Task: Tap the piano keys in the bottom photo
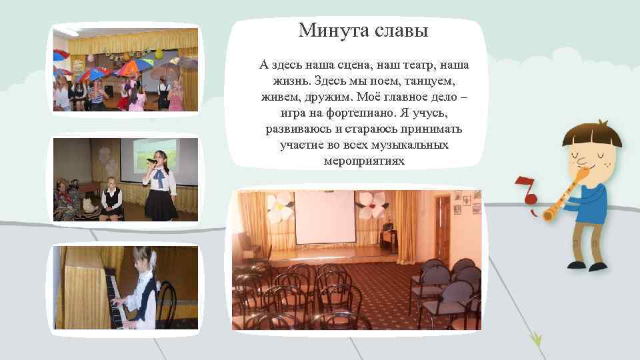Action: [x=117, y=303]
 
